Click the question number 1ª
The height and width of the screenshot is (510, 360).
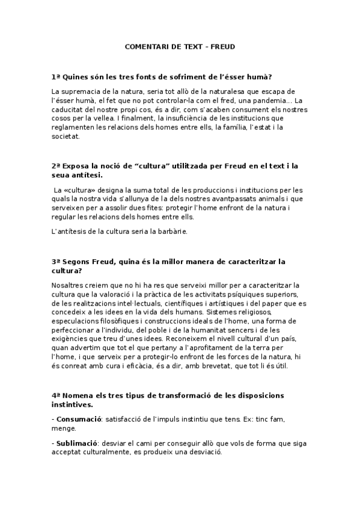point(56,77)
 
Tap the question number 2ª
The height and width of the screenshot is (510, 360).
point(56,165)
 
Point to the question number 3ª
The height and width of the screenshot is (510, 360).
point(56,262)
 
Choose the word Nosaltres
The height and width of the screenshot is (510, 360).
point(69,284)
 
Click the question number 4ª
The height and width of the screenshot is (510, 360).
point(56,395)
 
